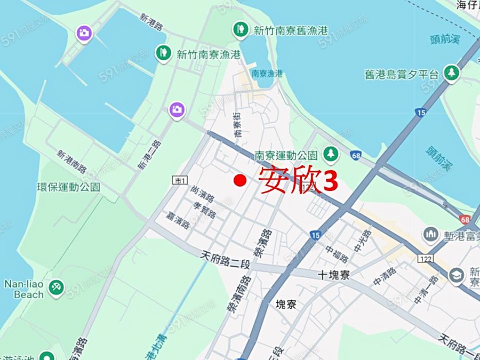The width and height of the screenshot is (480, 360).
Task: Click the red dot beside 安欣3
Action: (x=239, y=181)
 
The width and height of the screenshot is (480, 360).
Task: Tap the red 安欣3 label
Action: (x=299, y=180)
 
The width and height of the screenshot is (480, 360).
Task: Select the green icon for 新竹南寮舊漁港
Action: (x=241, y=29)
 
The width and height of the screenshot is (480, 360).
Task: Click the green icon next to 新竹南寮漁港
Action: (x=163, y=52)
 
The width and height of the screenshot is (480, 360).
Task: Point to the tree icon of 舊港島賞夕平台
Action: (x=452, y=74)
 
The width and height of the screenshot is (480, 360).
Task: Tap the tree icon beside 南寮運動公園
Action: (x=331, y=154)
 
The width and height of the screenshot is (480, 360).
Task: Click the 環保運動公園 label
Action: (x=68, y=187)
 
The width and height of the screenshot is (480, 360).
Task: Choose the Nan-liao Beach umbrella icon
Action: (x=56, y=288)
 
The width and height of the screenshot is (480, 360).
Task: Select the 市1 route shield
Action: (x=179, y=181)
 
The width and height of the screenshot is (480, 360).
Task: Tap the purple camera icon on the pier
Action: (x=84, y=33)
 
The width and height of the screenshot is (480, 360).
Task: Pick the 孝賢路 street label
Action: (x=205, y=211)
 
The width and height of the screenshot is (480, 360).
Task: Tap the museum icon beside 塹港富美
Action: (x=431, y=234)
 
